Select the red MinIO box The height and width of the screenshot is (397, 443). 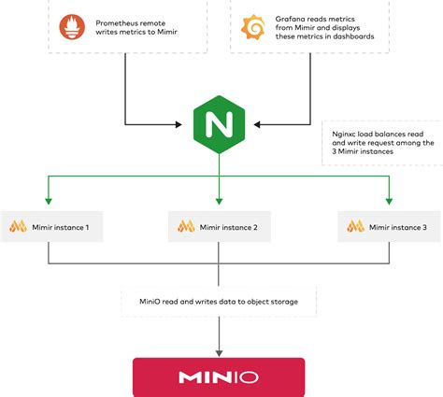tap(219, 377)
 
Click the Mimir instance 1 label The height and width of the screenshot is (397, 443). tap(63, 227)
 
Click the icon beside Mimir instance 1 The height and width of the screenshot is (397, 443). tap(18, 227)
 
